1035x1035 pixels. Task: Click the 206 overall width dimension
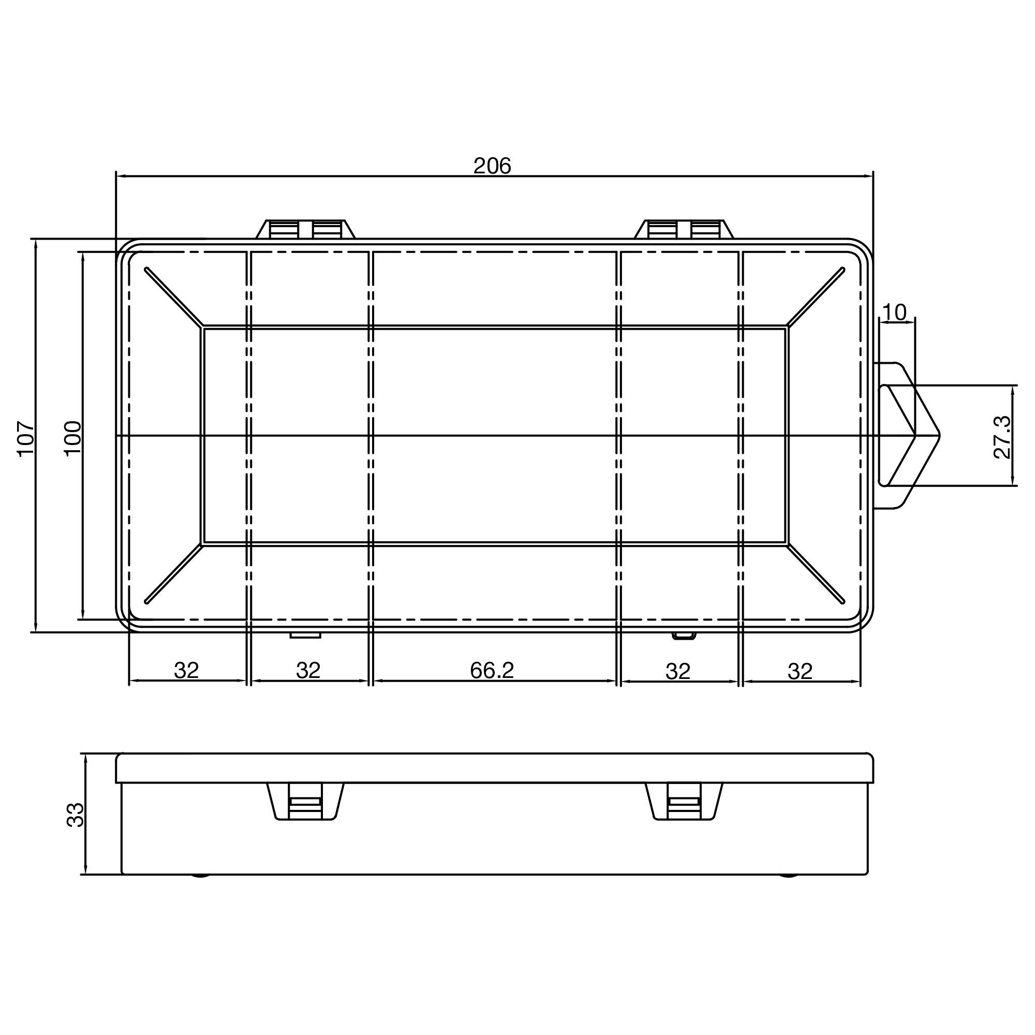coord(492,166)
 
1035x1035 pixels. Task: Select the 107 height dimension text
coord(26,438)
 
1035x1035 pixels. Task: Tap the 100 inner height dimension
coord(72,438)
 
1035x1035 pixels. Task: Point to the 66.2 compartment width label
coord(491,670)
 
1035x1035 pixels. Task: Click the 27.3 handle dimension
coord(1002,438)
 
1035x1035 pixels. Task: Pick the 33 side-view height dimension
coord(76,815)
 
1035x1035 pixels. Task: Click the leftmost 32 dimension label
coord(186,670)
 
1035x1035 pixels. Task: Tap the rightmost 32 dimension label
coord(800,671)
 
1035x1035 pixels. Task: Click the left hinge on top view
coord(306,229)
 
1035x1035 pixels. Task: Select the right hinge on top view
coord(684,229)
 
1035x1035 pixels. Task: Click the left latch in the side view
coord(305,802)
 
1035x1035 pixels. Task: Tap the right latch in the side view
coord(684,802)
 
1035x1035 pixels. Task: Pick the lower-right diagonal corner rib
coord(816,574)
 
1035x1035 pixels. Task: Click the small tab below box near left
coord(305,635)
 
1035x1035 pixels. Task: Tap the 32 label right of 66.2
coord(678,671)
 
